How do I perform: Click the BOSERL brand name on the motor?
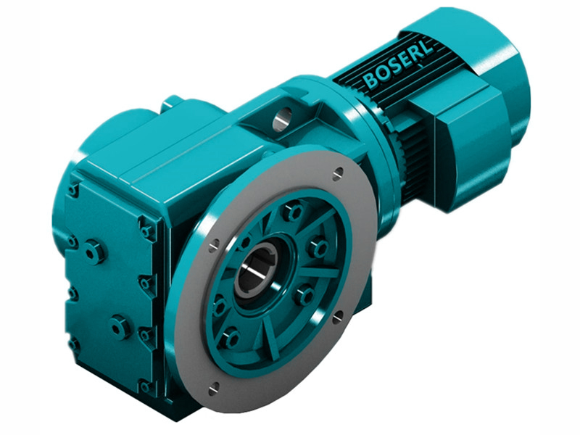(397, 65)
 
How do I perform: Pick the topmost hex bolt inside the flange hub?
(292, 212)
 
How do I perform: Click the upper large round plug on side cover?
(94, 252)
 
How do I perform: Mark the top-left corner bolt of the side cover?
(72, 190)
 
